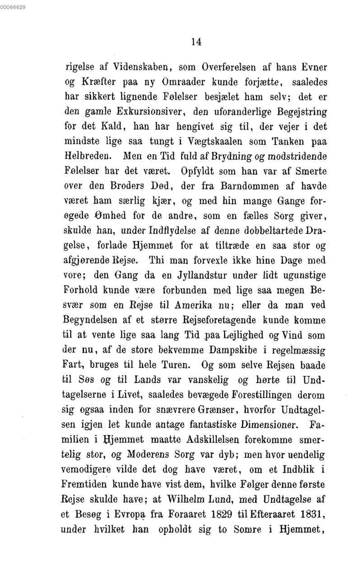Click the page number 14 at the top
196,42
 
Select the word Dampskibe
233,350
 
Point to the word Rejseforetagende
219,320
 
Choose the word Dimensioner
269,424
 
